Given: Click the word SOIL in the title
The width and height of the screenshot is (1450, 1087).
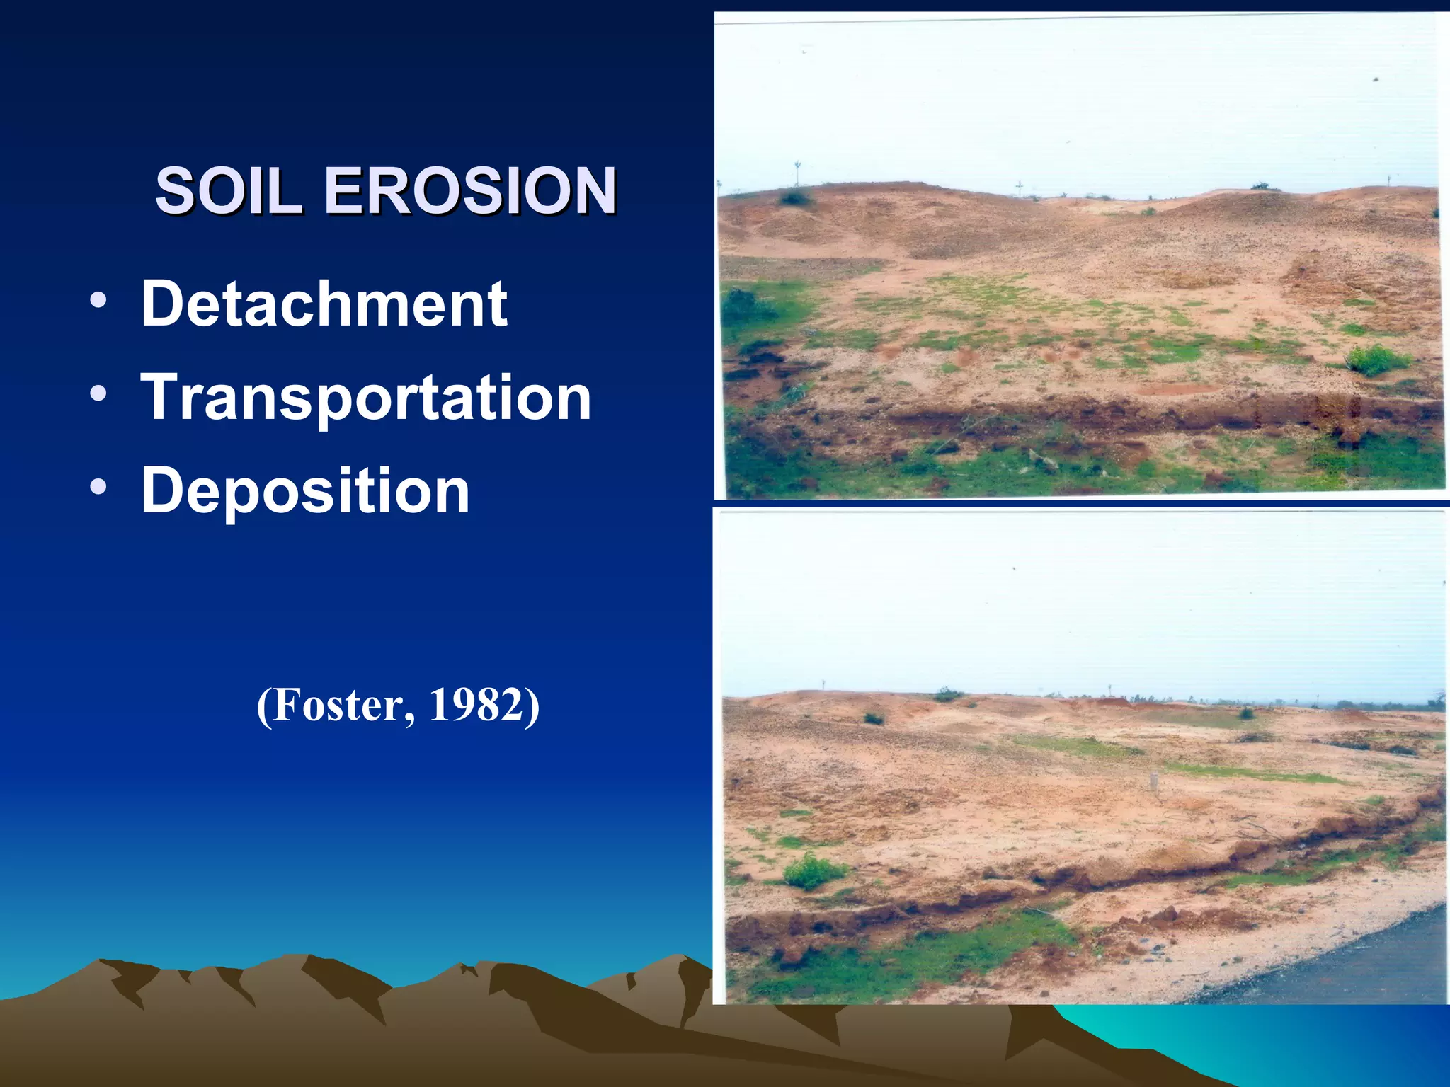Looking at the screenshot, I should coord(229,191).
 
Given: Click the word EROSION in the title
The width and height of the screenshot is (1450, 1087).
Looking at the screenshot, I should coord(470,191).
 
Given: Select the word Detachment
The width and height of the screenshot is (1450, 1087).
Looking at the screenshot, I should coord(324,304).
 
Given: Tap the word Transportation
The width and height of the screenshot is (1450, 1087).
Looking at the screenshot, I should coord(366,398).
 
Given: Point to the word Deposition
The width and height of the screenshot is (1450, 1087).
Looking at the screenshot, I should coord(305,490).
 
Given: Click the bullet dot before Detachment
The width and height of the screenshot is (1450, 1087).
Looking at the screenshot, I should coord(98,300).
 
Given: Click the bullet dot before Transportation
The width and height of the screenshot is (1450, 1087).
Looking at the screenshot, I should coord(98,393).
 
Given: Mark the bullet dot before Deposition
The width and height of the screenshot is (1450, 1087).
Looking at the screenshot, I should coord(98,487).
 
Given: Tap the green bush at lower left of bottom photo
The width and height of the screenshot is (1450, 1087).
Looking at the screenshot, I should coord(813,871).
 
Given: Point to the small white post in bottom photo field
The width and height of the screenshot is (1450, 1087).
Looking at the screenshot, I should coord(1153,781).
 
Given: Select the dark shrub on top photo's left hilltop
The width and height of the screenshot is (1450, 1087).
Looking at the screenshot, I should coord(796,197).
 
